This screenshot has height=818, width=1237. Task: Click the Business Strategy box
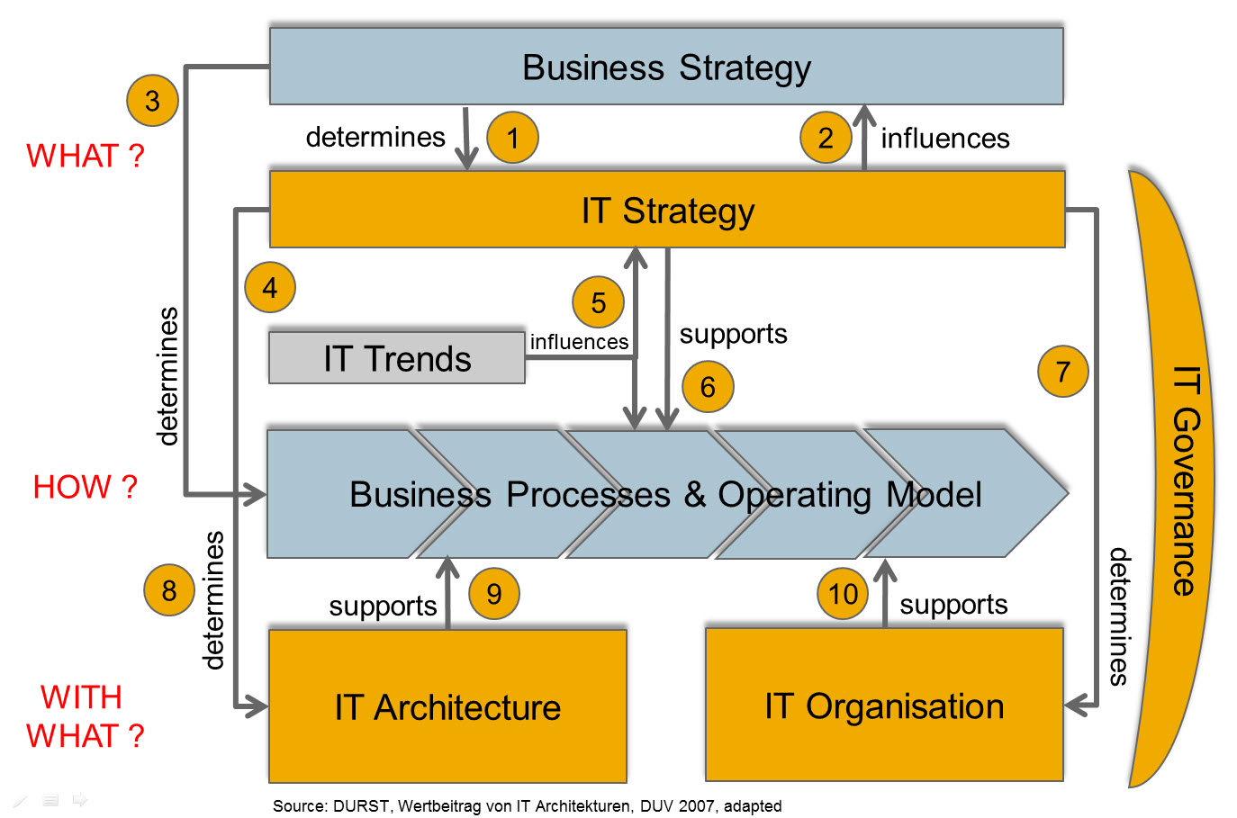[x=666, y=67]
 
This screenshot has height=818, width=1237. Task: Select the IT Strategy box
[x=667, y=210]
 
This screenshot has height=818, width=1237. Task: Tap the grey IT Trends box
[x=397, y=359]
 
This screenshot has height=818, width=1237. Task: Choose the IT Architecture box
[x=447, y=706]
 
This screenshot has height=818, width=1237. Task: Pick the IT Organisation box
[x=884, y=706]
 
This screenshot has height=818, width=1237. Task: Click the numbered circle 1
[x=512, y=138]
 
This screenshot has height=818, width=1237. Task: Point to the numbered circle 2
[x=826, y=138]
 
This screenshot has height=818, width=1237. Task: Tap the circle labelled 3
[x=152, y=101]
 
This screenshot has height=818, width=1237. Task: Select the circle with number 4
[x=269, y=287]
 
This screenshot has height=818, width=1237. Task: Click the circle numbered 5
[x=598, y=302]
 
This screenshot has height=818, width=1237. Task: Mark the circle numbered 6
[x=708, y=387]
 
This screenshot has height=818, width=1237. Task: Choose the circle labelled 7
[x=1062, y=371]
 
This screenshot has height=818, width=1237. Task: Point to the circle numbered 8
[x=169, y=590]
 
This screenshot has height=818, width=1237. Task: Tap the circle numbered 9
[x=494, y=594]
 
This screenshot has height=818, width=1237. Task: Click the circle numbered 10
[x=843, y=594]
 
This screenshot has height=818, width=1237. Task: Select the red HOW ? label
[x=85, y=487]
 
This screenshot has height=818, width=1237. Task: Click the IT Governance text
[x=1187, y=481]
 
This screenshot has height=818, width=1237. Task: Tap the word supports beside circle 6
[x=733, y=334]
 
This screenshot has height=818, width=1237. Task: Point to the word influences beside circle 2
[x=945, y=139]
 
